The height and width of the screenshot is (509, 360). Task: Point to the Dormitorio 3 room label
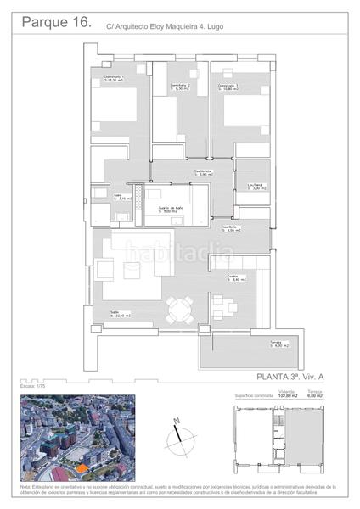[227, 86]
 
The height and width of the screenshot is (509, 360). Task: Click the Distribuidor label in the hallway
[201, 172]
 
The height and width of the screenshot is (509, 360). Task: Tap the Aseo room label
[122, 196]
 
